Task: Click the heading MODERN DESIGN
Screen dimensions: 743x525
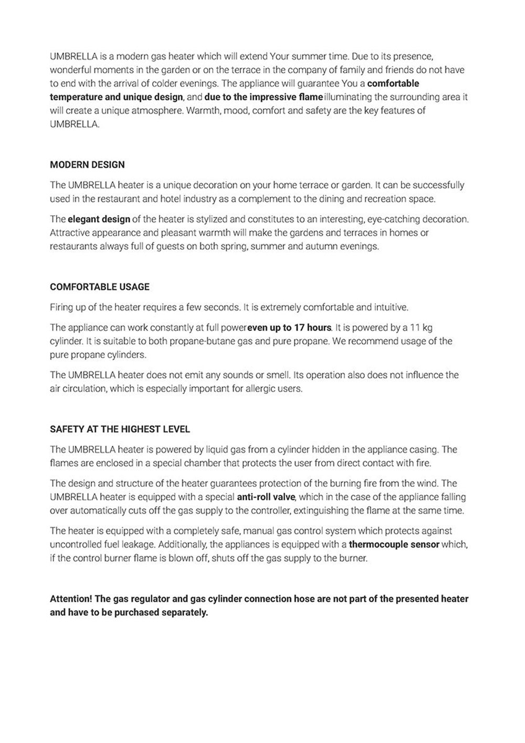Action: (x=87, y=165)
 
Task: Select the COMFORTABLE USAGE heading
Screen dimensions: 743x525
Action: (x=100, y=287)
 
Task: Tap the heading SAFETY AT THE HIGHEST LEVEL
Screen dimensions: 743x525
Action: (x=120, y=430)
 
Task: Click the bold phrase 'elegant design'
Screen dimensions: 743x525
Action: (x=99, y=219)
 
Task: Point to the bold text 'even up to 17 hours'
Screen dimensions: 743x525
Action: (x=289, y=328)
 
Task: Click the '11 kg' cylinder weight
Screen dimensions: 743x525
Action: (x=421, y=328)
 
